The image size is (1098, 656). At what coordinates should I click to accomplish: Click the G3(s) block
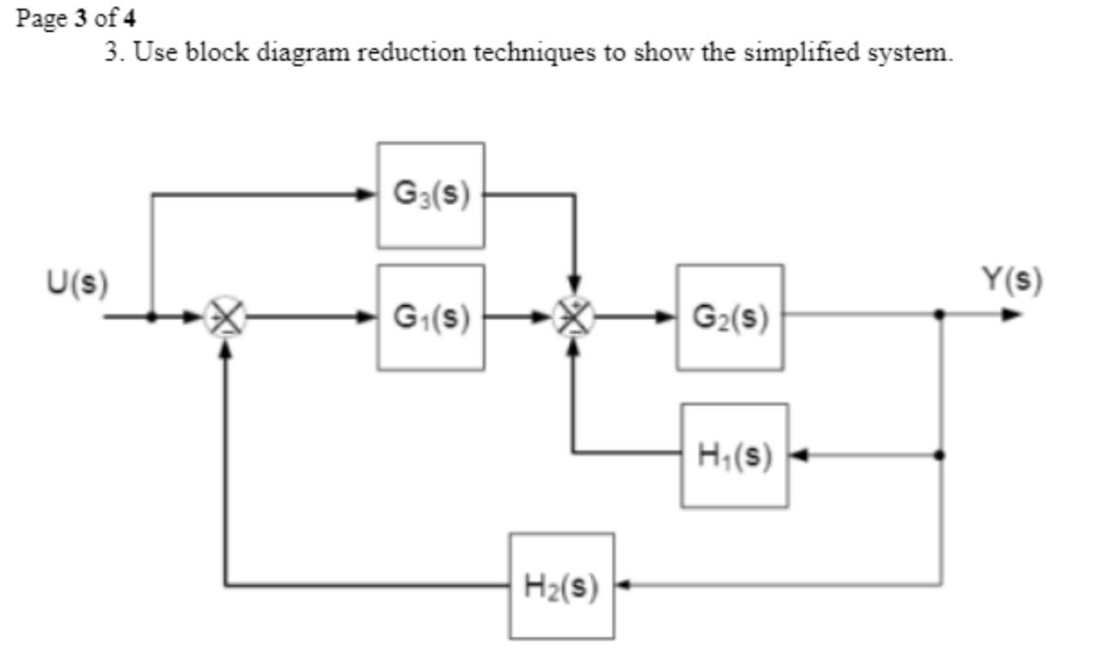pos(431,196)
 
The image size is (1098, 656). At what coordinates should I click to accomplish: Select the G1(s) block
pos(431,317)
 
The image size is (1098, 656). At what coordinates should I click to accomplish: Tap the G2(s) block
pos(730,317)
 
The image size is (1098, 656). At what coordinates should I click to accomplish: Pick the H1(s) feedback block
pos(735,455)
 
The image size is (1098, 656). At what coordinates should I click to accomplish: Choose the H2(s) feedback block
pos(562,587)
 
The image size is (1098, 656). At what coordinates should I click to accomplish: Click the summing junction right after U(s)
pos(226,317)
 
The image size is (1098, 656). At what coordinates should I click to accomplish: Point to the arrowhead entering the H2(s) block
pos(624,587)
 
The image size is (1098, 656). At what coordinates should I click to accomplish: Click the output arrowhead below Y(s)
pos(1014,315)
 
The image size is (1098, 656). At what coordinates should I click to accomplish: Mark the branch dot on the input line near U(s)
pos(151,316)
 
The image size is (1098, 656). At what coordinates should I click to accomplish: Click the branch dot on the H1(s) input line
pos(941,455)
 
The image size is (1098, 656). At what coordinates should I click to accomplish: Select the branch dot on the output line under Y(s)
pos(941,315)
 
